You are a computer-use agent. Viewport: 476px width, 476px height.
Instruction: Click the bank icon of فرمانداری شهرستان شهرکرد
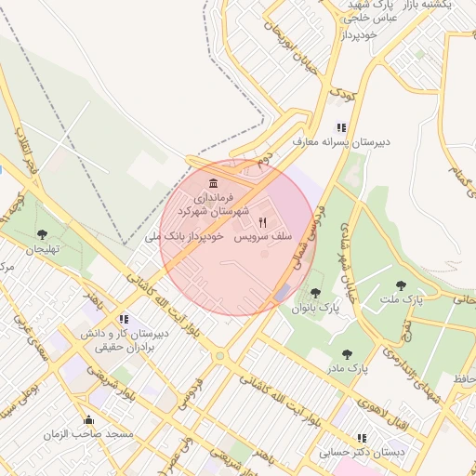(215, 182)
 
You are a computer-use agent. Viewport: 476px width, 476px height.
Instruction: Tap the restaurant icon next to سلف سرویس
(263, 222)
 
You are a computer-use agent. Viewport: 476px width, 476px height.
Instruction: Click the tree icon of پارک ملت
(401, 285)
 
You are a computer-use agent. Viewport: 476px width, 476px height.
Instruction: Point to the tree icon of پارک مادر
(347, 354)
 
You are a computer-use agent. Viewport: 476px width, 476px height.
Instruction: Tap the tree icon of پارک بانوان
(315, 294)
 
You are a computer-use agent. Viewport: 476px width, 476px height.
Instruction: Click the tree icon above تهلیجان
(41, 234)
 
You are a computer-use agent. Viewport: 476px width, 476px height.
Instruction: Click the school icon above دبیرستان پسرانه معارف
(342, 127)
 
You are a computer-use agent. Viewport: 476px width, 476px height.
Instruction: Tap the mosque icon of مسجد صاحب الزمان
(88, 419)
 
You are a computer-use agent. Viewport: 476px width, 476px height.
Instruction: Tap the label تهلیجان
(42, 249)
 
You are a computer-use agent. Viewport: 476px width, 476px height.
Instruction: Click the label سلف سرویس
(262, 238)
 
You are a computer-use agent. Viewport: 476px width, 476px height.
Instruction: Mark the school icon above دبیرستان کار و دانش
(125, 319)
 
